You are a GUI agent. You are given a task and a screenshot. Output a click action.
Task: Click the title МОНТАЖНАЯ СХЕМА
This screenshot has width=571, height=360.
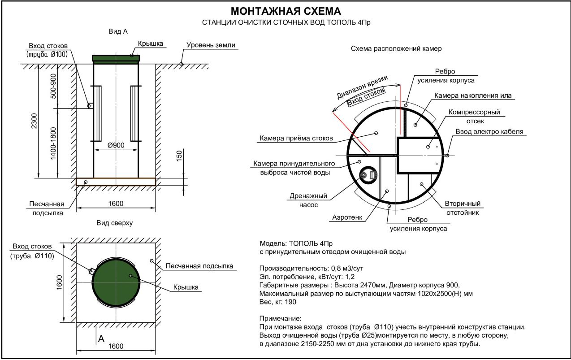285,11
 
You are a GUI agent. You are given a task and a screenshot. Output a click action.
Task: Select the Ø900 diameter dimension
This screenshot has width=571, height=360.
116,145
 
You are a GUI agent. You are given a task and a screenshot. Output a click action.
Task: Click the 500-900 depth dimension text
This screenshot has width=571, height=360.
54,86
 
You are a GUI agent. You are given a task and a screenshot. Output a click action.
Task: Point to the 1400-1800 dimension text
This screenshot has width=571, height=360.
54,143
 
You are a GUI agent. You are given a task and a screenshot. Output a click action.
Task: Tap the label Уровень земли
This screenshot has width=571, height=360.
211,45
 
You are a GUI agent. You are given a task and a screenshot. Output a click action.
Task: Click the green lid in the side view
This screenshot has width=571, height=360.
116,58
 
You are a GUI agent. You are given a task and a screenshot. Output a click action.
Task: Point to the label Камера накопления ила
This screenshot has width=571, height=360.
472,95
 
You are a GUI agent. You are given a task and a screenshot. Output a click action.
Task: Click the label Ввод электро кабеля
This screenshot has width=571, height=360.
489,132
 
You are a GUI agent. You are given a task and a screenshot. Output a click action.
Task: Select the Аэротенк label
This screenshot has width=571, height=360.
347,217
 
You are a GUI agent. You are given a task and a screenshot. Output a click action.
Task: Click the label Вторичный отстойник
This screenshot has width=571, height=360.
462,208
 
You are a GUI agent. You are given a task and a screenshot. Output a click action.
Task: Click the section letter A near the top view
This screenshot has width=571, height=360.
101,338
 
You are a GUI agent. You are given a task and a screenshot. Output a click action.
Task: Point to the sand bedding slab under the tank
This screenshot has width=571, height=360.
116,182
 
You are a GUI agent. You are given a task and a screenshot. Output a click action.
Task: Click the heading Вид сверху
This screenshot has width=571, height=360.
115,222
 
